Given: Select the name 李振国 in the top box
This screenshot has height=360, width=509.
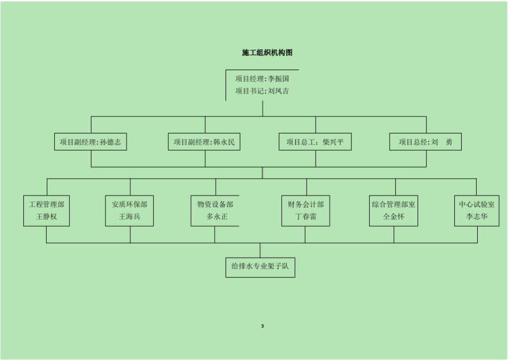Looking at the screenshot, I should click(x=279, y=79).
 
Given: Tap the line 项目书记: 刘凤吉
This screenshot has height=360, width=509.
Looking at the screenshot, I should click(x=262, y=91).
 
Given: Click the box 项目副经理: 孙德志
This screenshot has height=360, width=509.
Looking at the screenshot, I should click(x=90, y=142).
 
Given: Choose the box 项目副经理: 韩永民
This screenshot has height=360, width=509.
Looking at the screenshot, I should click(x=204, y=142).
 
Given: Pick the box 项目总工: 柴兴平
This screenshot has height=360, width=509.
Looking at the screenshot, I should click(x=315, y=142).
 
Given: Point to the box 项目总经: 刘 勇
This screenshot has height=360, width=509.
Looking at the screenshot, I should click(x=425, y=142).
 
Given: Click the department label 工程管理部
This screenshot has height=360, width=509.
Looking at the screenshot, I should click(x=46, y=204).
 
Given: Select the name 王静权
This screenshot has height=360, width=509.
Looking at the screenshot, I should click(x=46, y=217).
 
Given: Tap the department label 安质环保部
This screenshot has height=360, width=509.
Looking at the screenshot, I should click(x=130, y=204).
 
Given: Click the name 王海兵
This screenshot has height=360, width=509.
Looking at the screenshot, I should click(x=130, y=217).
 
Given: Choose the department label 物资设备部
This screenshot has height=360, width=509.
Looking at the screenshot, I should click(x=215, y=204).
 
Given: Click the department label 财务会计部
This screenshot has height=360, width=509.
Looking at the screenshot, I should click(x=306, y=204).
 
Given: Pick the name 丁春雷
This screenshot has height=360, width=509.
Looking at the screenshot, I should click(x=306, y=217).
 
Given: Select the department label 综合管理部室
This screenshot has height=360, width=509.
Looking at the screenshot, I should click(x=394, y=204).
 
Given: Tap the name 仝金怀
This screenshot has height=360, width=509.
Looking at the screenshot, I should click(x=394, y=217).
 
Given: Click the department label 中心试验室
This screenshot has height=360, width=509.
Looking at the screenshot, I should click(x=477, y=204).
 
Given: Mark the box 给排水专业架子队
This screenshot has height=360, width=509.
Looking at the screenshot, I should click(x=260, y=266).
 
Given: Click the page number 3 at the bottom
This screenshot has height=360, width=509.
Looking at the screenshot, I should click(x=262, y=326).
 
